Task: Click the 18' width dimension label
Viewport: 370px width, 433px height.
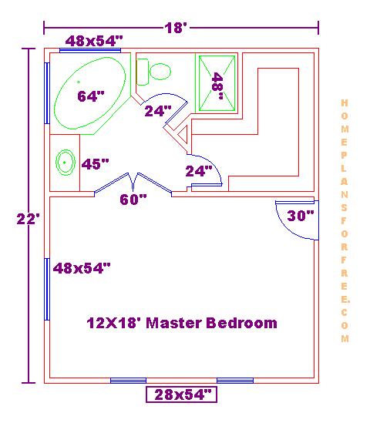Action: (176, 28)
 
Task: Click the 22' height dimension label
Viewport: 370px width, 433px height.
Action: (29, 219)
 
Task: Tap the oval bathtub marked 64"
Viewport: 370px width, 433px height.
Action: (89, 93)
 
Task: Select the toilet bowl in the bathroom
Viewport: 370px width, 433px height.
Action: (160, 72)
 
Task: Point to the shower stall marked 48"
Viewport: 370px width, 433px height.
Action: (217, 83)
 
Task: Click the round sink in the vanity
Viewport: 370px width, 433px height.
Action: (66, 163)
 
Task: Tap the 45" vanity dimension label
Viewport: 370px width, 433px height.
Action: (95, 164)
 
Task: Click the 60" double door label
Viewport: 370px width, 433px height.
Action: (133, 200)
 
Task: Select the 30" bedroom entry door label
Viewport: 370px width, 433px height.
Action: (301, 216)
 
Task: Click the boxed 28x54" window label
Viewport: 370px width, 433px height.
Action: (182, 394)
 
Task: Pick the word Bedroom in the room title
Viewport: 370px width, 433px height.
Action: (241, 323)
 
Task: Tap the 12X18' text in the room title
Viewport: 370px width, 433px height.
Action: (114, 323)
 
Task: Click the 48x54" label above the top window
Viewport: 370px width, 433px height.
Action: (94, 41)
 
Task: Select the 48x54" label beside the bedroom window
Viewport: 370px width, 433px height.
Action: (82, 268)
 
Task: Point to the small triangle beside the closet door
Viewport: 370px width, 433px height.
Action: (183, 135)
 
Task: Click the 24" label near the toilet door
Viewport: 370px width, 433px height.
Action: (158, 111)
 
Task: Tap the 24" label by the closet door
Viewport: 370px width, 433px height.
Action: (199, 171)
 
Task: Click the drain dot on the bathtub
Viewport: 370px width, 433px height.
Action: (79, 82)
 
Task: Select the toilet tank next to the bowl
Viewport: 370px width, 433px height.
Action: (143, 72)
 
